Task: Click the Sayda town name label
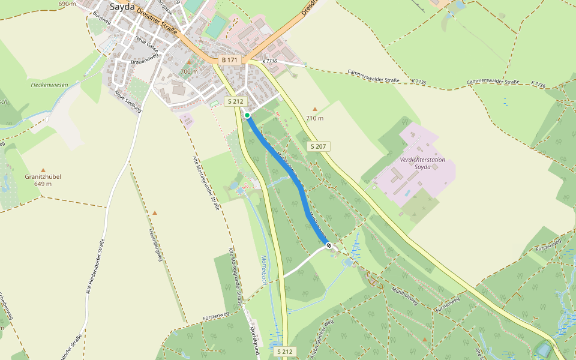click(122, 7)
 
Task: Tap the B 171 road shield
click(230, 60)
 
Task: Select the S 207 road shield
click(319, 146)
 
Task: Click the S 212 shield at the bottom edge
click(286, 351)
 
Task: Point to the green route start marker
click(247, 115)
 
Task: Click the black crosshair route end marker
click(328, 245)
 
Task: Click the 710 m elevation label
click(315, 118)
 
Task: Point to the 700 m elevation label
click(188, 71)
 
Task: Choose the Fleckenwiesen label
click(49, 85)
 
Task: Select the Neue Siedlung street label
click(127, 101)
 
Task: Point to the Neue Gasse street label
click(146, 43)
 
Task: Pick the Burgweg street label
click(99, 20)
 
